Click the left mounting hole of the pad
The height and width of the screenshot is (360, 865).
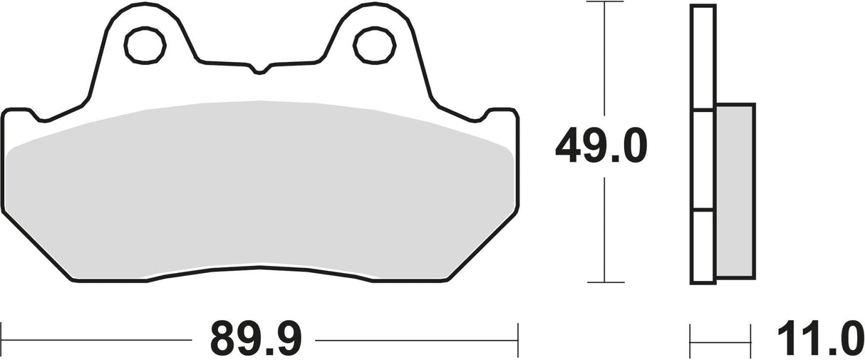[x=145, y=46]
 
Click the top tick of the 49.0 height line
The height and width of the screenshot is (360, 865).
[x=604, y=3]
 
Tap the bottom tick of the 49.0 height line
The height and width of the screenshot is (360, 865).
[x=604, y=282]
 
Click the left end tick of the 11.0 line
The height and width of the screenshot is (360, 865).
[x=691, y=336]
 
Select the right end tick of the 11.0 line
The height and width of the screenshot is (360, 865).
[x=750, y=336]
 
